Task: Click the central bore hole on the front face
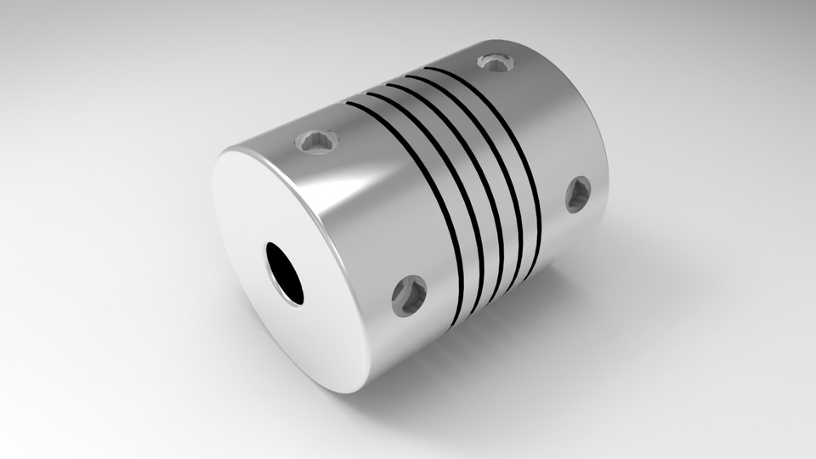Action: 284,273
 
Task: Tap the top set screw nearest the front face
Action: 316,140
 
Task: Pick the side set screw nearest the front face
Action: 409,295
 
